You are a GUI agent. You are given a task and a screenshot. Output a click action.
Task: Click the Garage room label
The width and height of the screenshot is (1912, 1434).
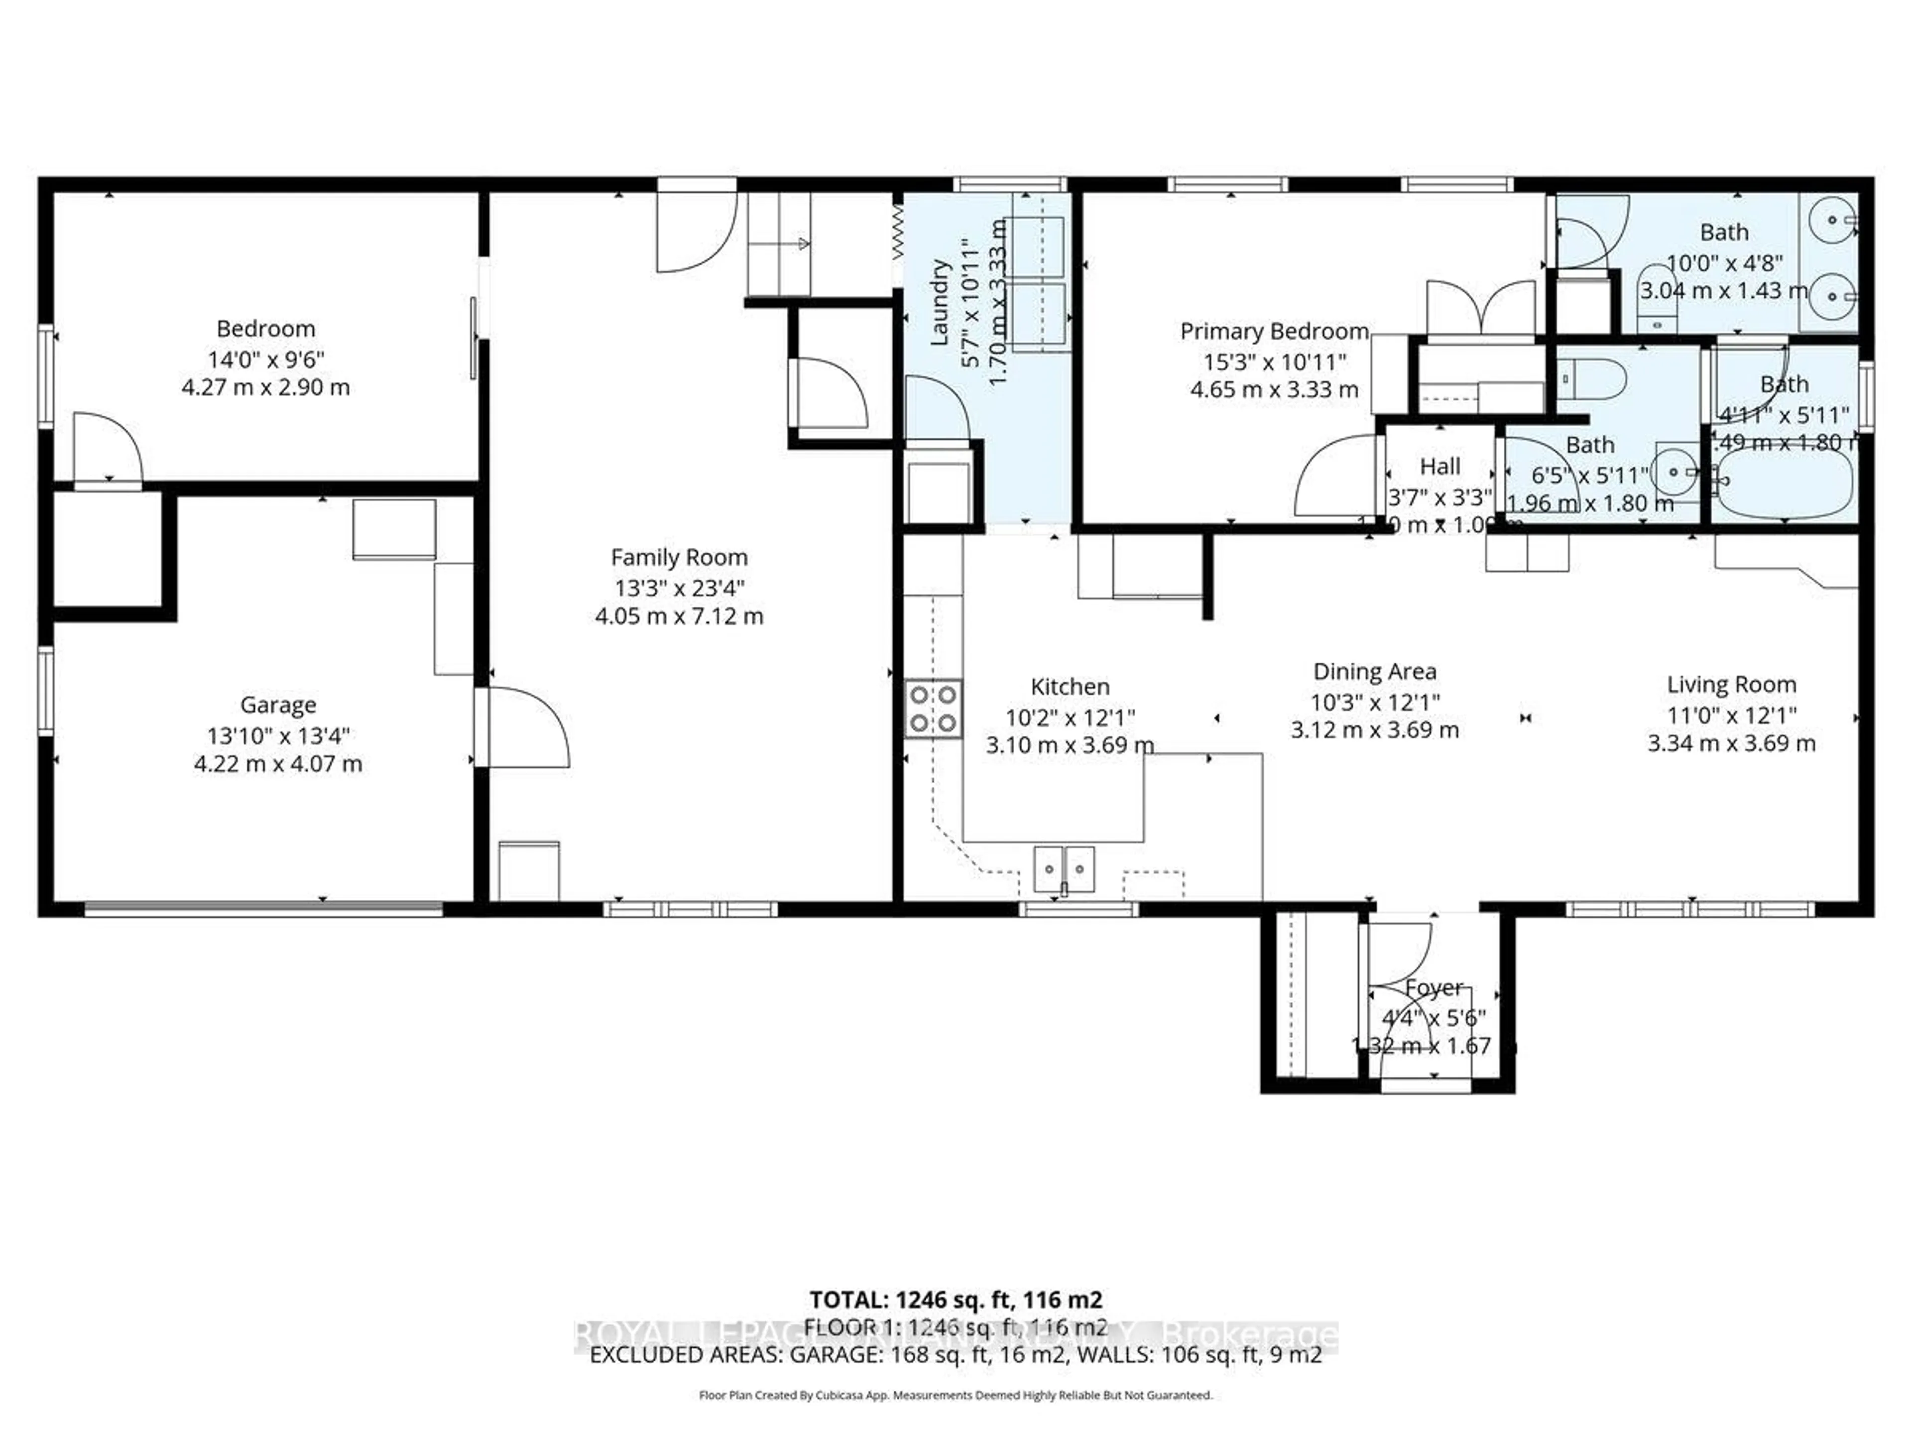pos(277,706)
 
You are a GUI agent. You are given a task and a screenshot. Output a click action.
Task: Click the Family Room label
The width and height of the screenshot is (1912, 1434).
pos(679,558)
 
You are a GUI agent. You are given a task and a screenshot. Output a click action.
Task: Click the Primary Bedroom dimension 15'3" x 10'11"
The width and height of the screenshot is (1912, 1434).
pos(1274,361)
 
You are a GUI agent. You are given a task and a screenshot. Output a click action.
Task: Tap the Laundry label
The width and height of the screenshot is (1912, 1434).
pos(940,303)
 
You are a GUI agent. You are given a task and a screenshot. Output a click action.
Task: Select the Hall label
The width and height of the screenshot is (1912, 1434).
pos(1439,467)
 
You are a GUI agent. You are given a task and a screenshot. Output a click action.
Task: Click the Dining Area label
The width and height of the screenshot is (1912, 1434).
pos(1374,672)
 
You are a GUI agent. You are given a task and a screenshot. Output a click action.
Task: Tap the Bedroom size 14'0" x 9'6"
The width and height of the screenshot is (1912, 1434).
pos(265,358)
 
